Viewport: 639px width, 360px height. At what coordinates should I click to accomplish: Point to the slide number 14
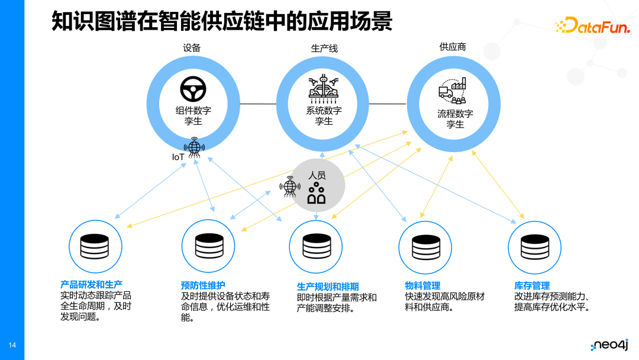pos(12,345)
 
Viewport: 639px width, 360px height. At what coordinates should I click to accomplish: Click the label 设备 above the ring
pos(192,48)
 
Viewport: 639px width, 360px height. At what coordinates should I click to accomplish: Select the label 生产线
pos(324,48)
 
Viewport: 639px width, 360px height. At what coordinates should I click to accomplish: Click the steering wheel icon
pos(193,89)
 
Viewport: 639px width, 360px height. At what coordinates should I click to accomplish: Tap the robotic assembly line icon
pos(324,89)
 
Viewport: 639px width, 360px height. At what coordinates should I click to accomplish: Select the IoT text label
pos(178,157)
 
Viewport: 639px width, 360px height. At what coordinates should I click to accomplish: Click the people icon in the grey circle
pos(317,193)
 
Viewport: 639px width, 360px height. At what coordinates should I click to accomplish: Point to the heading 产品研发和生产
pos(91,285)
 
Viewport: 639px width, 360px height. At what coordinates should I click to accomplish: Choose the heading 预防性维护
pos(203,285)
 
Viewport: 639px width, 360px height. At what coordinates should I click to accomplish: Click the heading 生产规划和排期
pos(328,287)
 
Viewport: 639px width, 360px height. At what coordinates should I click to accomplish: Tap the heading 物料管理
pos(422,285)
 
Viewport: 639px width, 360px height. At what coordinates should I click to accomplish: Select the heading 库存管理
pos(532,285)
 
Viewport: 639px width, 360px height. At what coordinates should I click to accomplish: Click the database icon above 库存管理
pos(534,247)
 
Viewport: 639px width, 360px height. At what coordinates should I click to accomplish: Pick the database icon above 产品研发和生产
pos(95,246)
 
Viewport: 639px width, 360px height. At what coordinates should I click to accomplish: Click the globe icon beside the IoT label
pos(195,148)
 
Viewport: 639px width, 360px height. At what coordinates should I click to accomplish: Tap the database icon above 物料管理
pos(424,247)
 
